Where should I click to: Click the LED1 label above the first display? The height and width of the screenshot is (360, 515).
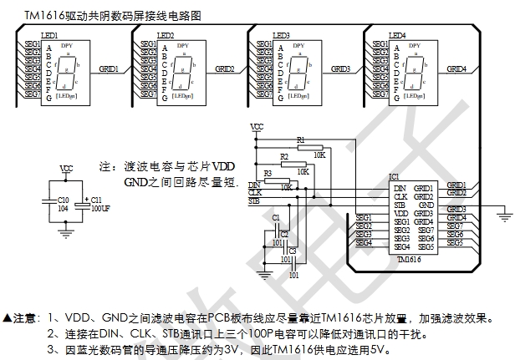click(49, 36)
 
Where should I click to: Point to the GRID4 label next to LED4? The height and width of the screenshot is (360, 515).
click(456, 68)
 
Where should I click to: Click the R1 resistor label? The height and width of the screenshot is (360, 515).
click(301, 139)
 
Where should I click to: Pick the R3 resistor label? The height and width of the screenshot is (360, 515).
click(268, 173)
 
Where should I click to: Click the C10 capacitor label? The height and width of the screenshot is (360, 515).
click(64, 200)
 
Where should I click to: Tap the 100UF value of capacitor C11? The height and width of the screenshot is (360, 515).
click(100, 209)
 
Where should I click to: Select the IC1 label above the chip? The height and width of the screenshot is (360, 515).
click(395, 176)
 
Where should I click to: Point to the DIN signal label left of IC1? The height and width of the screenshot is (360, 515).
click(255, 185)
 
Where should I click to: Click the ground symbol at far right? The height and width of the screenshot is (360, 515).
click(504, 216)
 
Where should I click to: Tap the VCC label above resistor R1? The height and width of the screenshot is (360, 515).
click(257, 127)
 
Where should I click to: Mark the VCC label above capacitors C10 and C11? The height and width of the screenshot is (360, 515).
click(67, 169)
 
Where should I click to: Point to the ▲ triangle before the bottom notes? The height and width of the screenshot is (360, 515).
click(8, 318)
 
